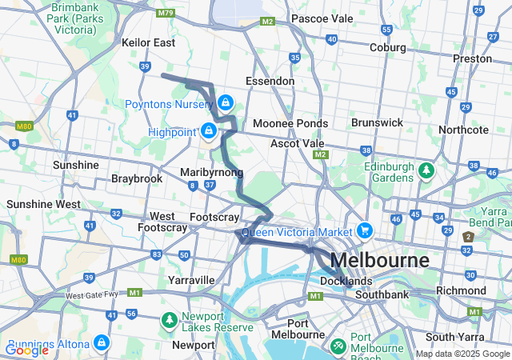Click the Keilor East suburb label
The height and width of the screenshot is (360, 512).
(x=148, y=42)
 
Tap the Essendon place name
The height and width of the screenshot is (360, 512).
(x=270, y=81)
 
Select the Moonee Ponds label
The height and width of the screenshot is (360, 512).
(x=290, y=124)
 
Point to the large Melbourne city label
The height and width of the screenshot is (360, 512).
(x=379, y=261)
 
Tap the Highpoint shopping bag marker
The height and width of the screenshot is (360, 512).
(x=209, y=130)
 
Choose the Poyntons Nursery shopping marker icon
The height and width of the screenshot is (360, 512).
(x=226, y=102)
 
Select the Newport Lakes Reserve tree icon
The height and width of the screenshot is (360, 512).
(x=169, y=320)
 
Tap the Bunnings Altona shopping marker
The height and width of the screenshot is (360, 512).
(x=101, y=343)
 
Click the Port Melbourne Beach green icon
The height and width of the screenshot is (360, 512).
(x=338, y=346)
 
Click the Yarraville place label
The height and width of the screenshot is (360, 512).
(x=191, y=280)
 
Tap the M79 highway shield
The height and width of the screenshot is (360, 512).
(x=166, y=13)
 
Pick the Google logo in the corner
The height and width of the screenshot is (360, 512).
(x=26, y=350)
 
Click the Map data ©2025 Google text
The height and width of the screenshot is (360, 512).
(x=462, y=354)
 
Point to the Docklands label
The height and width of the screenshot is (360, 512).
(x=346, y=282)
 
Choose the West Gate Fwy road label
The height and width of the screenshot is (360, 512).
(x=91, y=295)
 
